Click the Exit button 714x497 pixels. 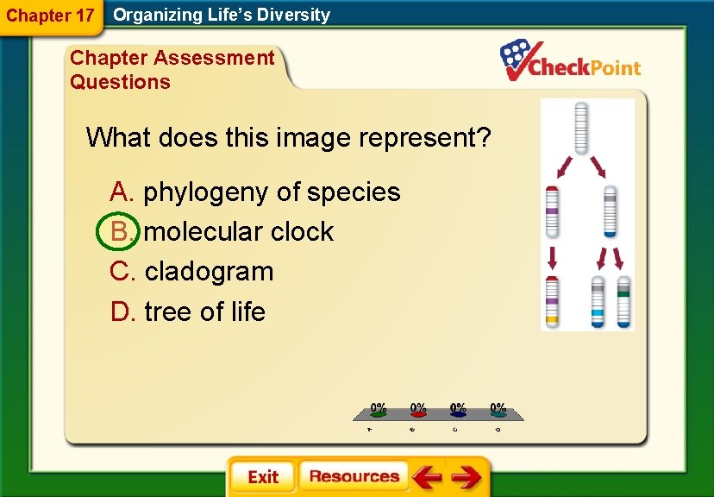point(263,476)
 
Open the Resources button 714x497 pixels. point(354,476)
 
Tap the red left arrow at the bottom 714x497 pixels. point(426,476)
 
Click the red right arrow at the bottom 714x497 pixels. point(466,476)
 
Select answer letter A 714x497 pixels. point(121,192)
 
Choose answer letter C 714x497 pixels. point(122,271)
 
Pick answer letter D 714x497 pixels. point(122,311)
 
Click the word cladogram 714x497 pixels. point(209,271)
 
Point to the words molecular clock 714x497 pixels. point(239,231)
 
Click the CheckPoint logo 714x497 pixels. point(571,61)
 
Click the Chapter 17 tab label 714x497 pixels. point(49,15)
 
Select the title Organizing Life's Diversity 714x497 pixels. point(222,15)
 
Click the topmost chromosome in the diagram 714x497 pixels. point(581,127)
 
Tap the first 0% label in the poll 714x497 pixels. point(378,407)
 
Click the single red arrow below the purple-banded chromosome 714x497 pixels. point(553,256)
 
